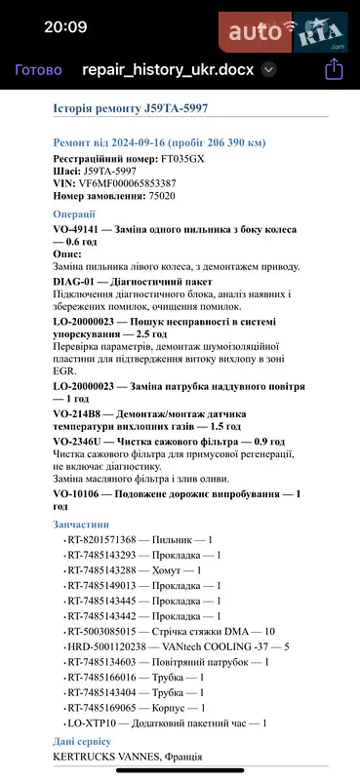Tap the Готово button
click(39, 70)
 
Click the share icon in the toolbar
click(334, 69)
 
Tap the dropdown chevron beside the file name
click(269, 70)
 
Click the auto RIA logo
click(288, 33)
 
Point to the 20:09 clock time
click(65, 27)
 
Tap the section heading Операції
click(74, 214)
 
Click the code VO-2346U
click(80, 441)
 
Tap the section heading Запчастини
click(81, 525)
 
